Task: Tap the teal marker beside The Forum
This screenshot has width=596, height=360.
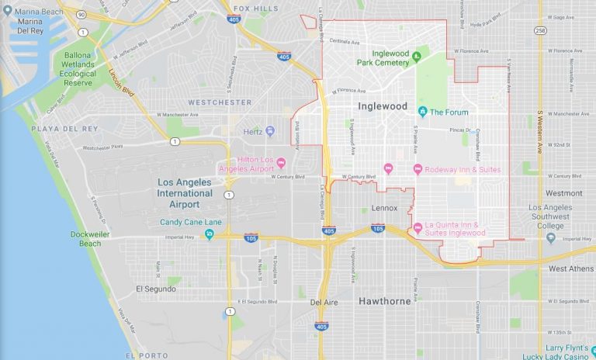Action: (422, 111)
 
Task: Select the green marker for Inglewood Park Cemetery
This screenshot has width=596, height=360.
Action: (417, 55)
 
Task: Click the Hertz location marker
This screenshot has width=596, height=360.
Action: (269, 130)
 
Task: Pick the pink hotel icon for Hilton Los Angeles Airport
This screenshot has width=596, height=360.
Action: (281, 163)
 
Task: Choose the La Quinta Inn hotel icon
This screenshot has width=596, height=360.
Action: (418, 227)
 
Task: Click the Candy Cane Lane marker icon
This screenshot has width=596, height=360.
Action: (209, 234)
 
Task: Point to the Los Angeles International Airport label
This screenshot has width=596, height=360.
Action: (184, 193)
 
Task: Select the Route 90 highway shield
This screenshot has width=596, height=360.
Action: (81, 32)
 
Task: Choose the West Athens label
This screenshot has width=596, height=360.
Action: (570, 268)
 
